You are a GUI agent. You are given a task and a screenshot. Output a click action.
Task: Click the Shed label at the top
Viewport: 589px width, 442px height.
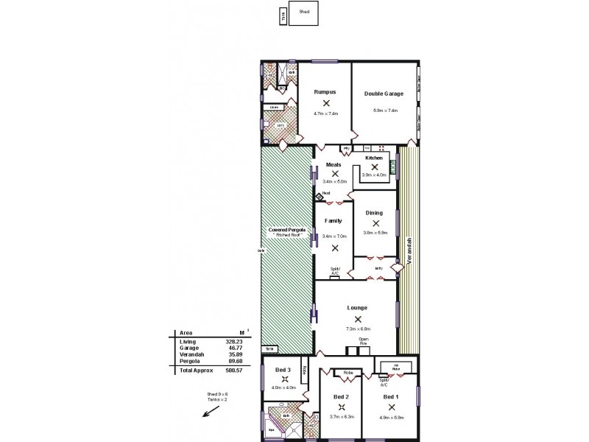coord(304,13)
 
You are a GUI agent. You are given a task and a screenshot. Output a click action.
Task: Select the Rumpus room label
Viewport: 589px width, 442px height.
coord(325,92)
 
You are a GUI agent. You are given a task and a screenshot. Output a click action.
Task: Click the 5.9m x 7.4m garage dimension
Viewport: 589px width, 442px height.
coord(385,110)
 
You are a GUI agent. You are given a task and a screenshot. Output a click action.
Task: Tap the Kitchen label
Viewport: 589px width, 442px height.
coord(374,158)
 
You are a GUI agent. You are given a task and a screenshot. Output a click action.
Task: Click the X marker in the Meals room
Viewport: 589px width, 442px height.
coord(334,173)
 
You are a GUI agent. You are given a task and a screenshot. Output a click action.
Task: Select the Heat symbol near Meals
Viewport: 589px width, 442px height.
coord(321,196)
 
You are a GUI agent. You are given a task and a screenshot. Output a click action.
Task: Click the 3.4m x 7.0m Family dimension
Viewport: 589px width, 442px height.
coord(334,236)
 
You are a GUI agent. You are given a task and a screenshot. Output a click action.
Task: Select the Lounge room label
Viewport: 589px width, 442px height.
coord(358,308)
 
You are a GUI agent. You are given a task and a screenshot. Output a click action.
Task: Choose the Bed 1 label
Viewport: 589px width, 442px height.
coord(392,396)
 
